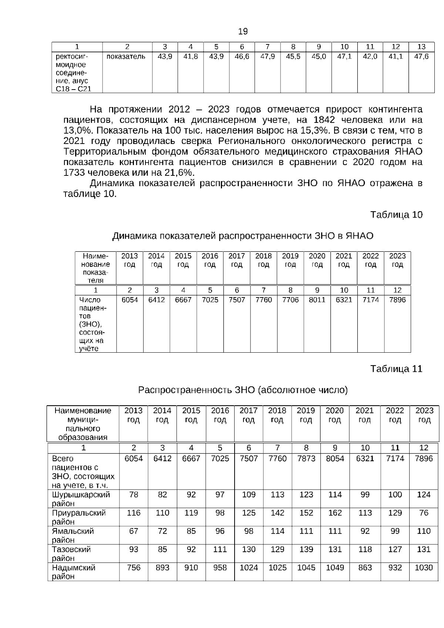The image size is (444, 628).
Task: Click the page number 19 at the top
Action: [243, 31]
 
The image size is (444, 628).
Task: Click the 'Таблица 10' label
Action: [396, 215]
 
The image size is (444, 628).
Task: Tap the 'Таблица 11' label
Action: [396, 369]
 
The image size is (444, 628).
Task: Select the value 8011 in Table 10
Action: [317, 300]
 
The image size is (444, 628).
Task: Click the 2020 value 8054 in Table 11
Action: [335, 459]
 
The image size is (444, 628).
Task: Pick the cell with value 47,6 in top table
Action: [421, 57]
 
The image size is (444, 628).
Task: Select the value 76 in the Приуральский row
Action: [424, 513]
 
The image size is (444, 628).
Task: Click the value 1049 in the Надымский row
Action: [335, 568]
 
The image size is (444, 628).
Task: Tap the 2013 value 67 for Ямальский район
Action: [134, 531]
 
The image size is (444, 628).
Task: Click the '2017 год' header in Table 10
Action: [236, 260]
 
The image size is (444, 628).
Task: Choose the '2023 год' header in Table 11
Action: [424, 415]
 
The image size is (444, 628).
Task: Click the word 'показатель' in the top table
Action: [126, 57]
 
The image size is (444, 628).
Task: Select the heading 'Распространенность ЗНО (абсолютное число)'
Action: [243, 390]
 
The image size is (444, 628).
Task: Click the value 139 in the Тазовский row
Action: [306, 549]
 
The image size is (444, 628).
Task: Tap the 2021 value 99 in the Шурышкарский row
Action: [365, 495]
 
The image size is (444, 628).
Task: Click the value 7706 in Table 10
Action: [290, 300]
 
